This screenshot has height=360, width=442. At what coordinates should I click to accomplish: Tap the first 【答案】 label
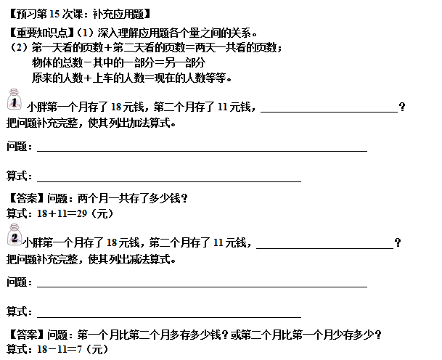click(26, 198)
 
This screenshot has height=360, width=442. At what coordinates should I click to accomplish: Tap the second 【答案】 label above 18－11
click(26, 335)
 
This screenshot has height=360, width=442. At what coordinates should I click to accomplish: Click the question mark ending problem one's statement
click(402, 107)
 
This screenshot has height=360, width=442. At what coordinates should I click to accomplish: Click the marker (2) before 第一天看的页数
click(16, 48)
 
